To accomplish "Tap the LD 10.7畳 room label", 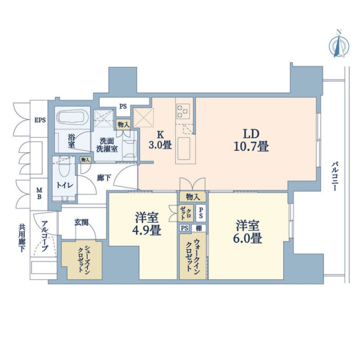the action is point(251,140).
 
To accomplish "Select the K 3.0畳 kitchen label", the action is point(160,140).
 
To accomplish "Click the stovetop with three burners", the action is point(183,111).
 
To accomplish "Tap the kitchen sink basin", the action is point(184,148).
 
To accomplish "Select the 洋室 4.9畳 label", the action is point(146,224).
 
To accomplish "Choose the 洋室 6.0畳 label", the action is point(247,231).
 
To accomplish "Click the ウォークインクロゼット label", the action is point(192,255).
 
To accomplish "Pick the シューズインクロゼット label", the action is point(84,259).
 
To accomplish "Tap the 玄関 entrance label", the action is point(81,222).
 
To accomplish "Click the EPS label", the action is point(40,120).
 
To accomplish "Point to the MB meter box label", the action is point(39,193).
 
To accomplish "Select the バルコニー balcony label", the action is point(334,176).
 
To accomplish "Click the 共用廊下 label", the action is point(22,238).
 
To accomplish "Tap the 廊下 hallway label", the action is point(104,178).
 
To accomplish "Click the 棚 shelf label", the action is point(199,228).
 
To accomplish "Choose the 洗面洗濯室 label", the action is point(107,145).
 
